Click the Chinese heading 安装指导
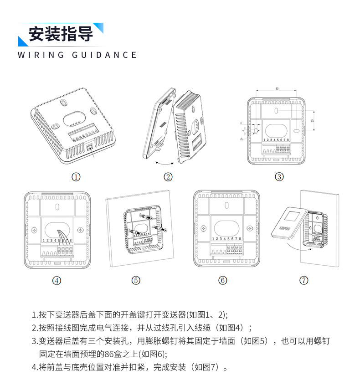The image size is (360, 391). (x=61, y=34)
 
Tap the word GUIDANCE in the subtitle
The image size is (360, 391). (x=104, y=55)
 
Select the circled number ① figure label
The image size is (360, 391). (x=76, y=177)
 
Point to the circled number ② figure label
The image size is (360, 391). (x=168, y=177)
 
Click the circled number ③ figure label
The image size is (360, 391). (x=279, y=177)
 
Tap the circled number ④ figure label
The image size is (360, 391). (x=57, y=280)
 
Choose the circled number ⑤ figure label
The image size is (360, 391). (x=136, y=280)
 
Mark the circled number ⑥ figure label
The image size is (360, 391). (x=223, y=280)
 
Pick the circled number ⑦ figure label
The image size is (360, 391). (x=304, y=280)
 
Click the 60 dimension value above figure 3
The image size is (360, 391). (x=277, y=88)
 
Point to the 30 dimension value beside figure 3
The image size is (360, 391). (x=312, y=120)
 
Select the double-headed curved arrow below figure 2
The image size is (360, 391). (x=165, y=163)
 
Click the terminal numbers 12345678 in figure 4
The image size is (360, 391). (x=57, y=240)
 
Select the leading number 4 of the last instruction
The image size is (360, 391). (x=34, y=366)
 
